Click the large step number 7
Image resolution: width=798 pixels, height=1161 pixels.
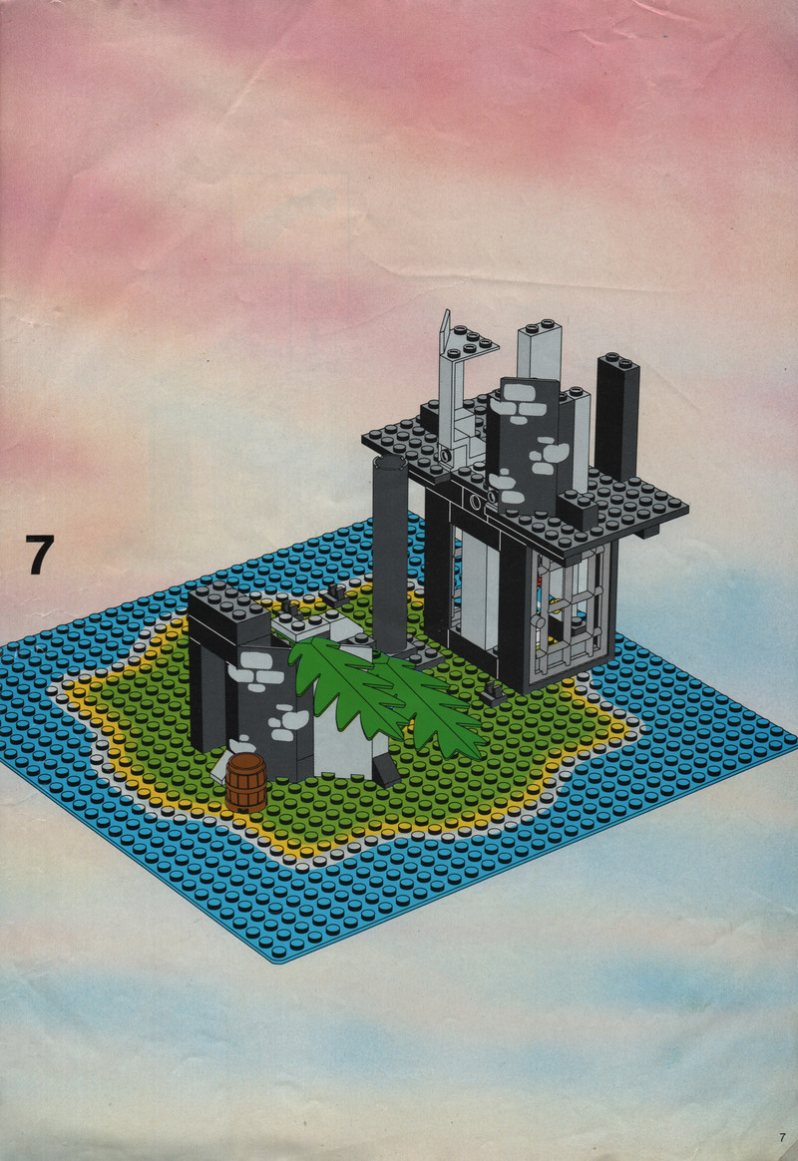coord(40,554)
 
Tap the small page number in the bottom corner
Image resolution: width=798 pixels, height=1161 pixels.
coord(782,1137)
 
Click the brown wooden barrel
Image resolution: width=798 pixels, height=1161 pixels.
coord(246,782)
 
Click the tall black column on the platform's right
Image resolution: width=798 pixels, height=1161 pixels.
coord(617,417)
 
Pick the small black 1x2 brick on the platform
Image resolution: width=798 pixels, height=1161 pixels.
coord(578,510)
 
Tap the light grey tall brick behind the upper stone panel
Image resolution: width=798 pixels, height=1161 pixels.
coord(539,352)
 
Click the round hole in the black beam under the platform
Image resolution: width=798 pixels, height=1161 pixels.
coord(473,505)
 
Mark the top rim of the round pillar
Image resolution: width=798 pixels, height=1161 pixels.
coord(390,463)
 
